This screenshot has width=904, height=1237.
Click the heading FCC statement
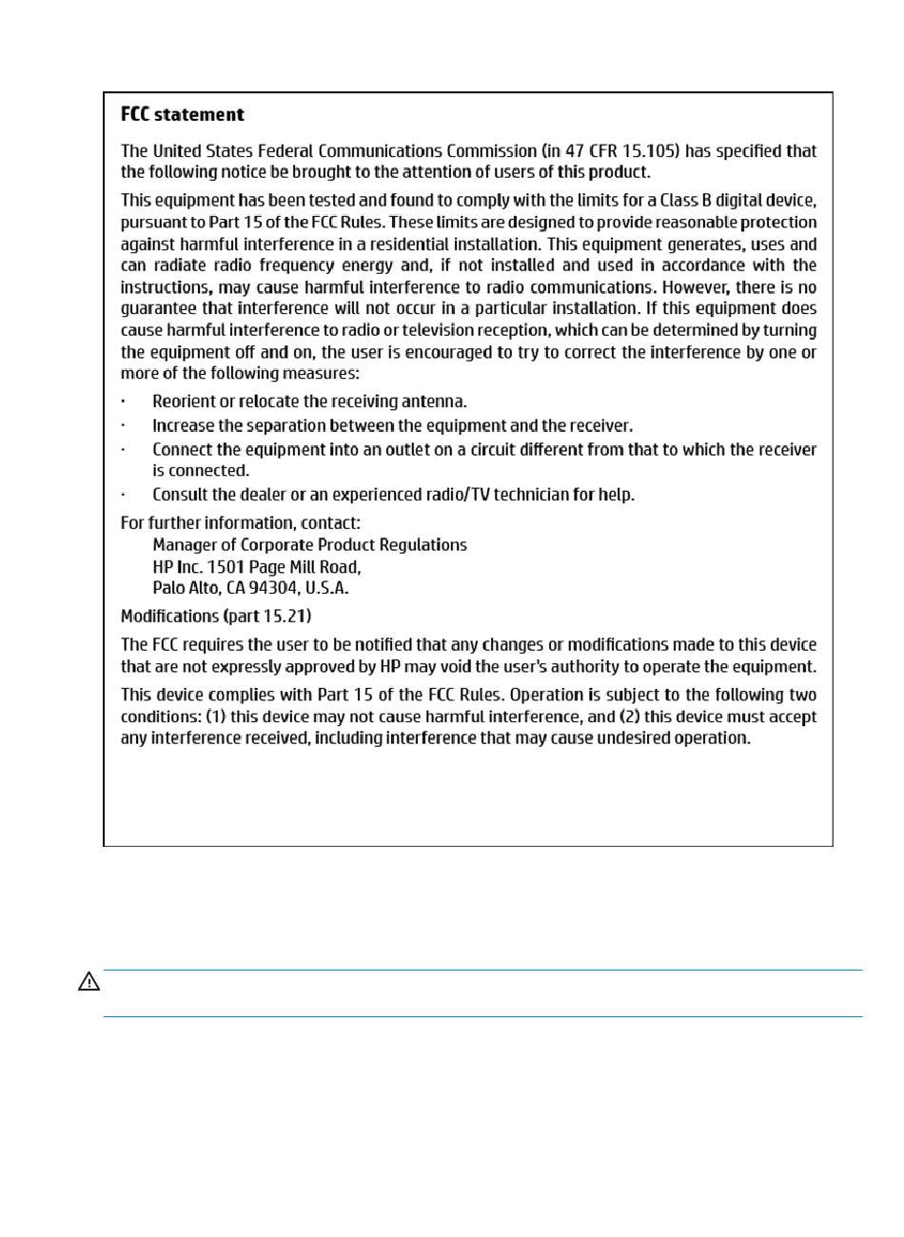[x=183, y=115]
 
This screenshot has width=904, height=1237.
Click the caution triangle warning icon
[x=88, y=982]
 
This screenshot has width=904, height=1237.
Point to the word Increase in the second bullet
[x=184, y=426]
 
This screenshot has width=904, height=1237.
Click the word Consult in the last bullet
[x=182, y=495]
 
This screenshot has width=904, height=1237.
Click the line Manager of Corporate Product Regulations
[x=309, y=545]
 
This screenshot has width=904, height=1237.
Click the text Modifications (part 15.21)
[x=216, y=617]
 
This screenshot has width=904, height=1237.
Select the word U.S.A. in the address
[x=326, y=589]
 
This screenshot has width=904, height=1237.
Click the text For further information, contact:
[x=241, y=523]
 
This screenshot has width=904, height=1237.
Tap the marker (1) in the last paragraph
[x=217, y=717]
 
